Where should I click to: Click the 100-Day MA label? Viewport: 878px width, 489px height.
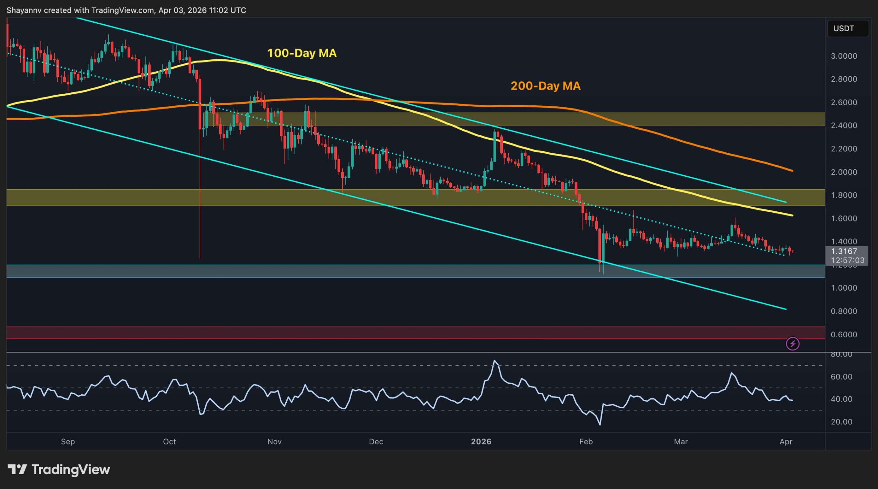(301, 53)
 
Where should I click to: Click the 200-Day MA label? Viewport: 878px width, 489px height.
(545, 86)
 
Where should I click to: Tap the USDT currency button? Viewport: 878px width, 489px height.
(847, 28)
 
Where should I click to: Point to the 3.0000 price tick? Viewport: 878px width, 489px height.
(844, 56)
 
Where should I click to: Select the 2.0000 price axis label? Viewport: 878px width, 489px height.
(844, 172)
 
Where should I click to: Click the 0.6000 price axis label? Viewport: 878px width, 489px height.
(844, 334)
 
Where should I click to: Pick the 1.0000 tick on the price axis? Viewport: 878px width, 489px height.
(844, 288)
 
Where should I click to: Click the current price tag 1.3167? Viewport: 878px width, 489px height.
(844, 251)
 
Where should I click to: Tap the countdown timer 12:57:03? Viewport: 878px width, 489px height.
(847, 260)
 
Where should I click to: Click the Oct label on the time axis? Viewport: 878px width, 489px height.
(169, 442)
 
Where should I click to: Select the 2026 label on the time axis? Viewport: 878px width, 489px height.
(481, 442)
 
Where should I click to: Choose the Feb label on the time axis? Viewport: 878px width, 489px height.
(586, 442)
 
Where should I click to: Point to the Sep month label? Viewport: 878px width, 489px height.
(68, 442)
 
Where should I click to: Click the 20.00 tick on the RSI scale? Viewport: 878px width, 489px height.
(841, 422)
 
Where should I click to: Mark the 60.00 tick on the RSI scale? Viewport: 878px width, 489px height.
(841, 377)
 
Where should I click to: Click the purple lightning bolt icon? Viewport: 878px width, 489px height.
(793, 344)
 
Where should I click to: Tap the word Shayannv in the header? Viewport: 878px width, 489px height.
(24, 10)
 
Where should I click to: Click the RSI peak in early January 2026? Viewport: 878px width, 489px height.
(495, 361)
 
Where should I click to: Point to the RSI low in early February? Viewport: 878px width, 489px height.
(600, 425)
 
